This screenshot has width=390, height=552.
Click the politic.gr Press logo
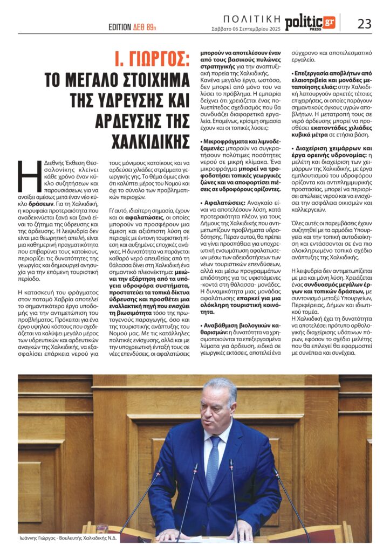(310, 23)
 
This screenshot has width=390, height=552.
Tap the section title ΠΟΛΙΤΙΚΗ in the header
(251, 17)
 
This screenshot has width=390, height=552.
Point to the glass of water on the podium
(101, 530)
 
